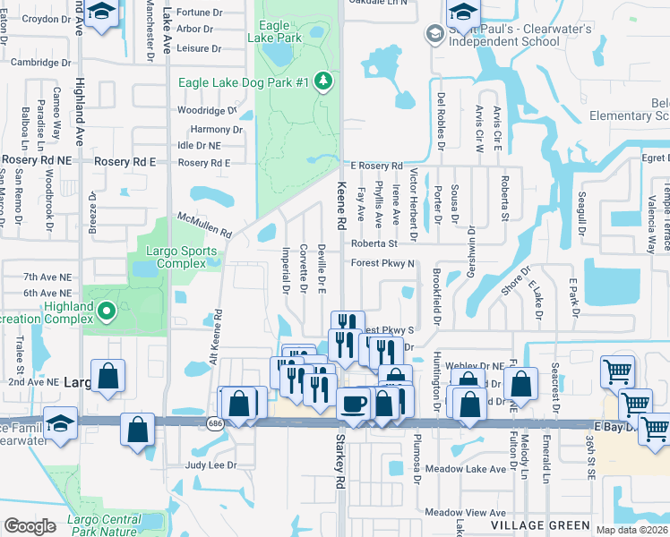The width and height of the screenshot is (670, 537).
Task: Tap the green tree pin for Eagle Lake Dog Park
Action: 323,82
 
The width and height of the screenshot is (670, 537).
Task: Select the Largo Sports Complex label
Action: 186,257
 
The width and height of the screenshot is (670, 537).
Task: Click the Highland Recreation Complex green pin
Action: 107,311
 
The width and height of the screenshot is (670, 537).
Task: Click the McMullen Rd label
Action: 205,224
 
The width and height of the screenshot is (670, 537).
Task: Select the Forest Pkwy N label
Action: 382,263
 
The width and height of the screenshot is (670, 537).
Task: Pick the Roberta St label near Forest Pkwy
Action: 374,243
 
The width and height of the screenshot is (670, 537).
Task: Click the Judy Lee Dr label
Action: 210,465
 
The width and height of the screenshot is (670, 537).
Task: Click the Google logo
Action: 29,526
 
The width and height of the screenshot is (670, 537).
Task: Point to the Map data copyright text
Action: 632,530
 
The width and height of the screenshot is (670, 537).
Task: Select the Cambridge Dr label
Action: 40,63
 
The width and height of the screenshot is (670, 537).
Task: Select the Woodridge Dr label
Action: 206,111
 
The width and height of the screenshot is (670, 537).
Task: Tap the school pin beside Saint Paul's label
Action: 434,34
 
